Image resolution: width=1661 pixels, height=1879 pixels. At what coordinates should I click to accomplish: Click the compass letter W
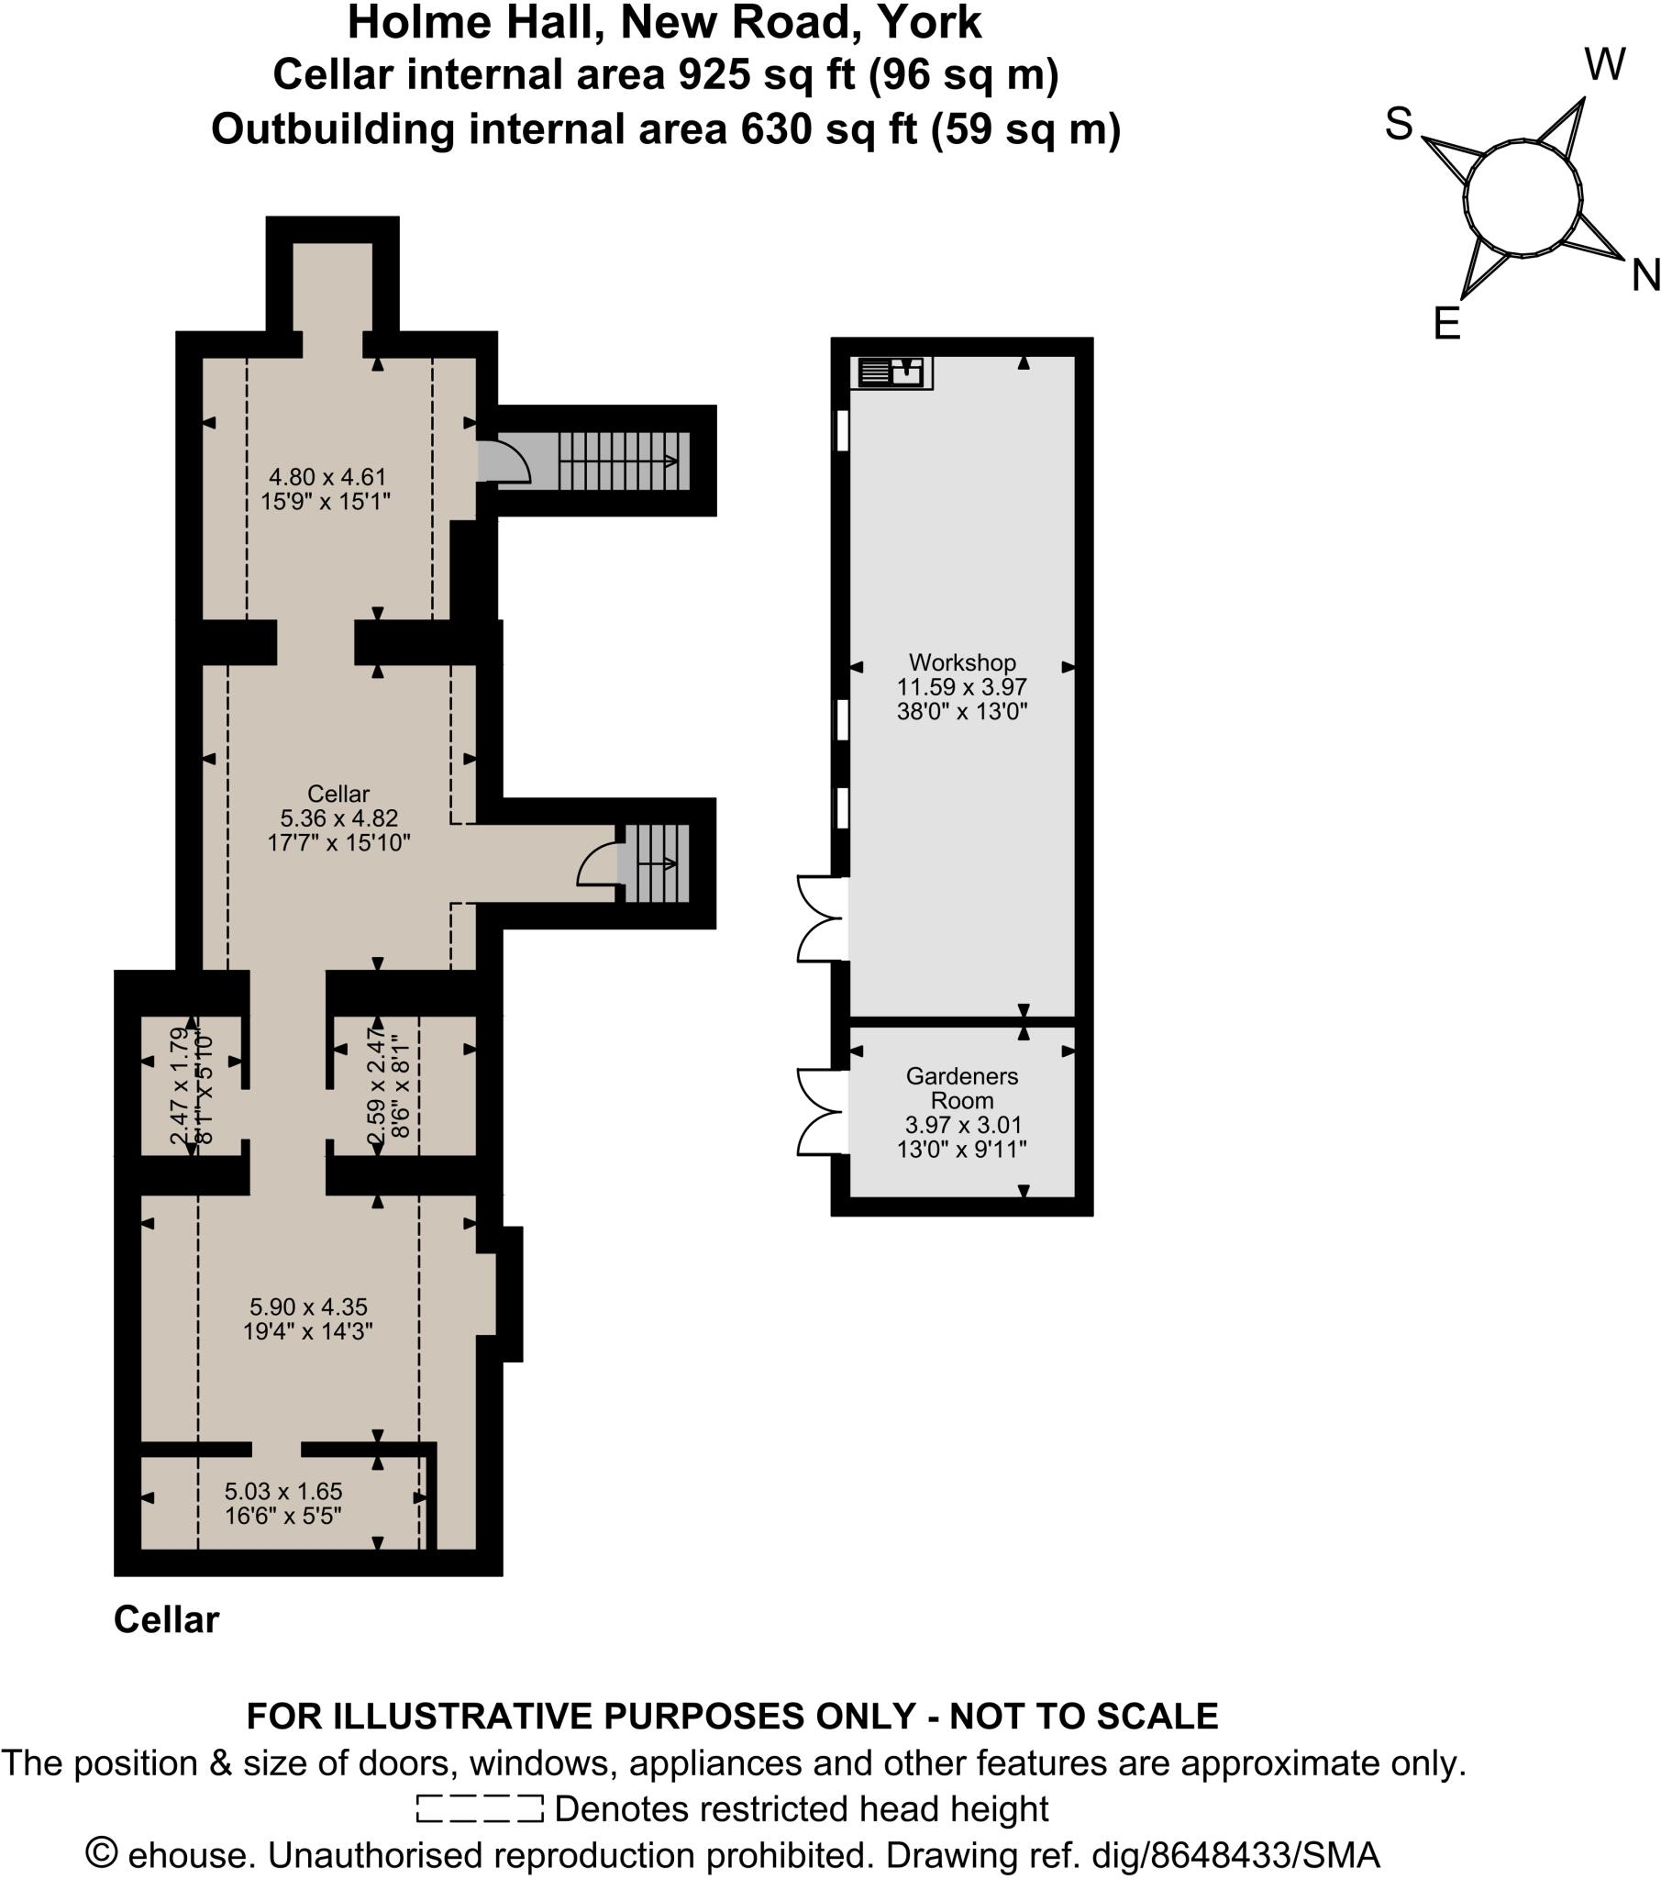[x=1605, y=65]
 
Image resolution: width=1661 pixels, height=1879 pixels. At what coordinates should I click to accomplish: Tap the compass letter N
[x=1644, y=275]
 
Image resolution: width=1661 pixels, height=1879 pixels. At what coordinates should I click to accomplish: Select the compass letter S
[x=1398, y=124]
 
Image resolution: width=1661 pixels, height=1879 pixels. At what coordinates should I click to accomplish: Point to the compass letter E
[x=1446, y=324]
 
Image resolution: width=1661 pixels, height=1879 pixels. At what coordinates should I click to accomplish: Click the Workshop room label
[x=961, y=662]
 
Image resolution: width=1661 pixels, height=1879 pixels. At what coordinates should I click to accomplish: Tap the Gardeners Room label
[x=961, y=1087]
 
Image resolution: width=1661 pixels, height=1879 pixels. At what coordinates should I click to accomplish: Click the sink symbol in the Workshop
[x=891, y=372]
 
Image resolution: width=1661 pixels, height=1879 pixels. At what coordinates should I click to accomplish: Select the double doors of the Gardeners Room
[x=821, y=1110]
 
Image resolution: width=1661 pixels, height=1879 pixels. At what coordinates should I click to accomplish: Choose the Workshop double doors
[x=821, y=919]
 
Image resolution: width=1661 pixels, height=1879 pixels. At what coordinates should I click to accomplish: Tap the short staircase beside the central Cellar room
[x=657, y=863]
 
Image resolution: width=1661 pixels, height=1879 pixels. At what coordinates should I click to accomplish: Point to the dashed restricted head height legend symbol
[x=479, y=1808]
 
